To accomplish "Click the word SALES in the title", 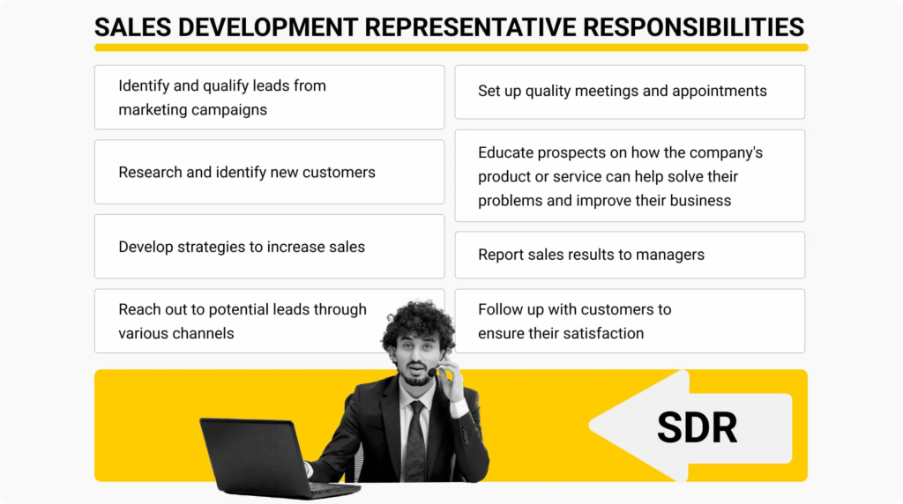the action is pyautogui.click(x=133, y=27).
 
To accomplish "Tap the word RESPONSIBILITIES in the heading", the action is pyautogui.click(x=693, y=27).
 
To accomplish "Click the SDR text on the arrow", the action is pyautogui.click(x=697, y=428).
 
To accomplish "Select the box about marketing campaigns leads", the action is pyautogui.click(x=270, y=97).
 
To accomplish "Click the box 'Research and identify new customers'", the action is pyautogui.click(x=270, y=172).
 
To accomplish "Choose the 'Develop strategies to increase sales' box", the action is pyautogui.click(x=270, y=246).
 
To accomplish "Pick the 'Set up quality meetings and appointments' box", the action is pyautogui.click(x=630, y=92).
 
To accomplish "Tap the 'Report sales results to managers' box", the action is pyautogui.click(x=630, y=255).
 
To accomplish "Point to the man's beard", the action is pyautogui.click(x=417, y=377).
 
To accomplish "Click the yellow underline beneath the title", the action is pyautogui.click(x=451, y=48).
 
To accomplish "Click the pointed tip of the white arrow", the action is pyautogui.click(x=590, y=426).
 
